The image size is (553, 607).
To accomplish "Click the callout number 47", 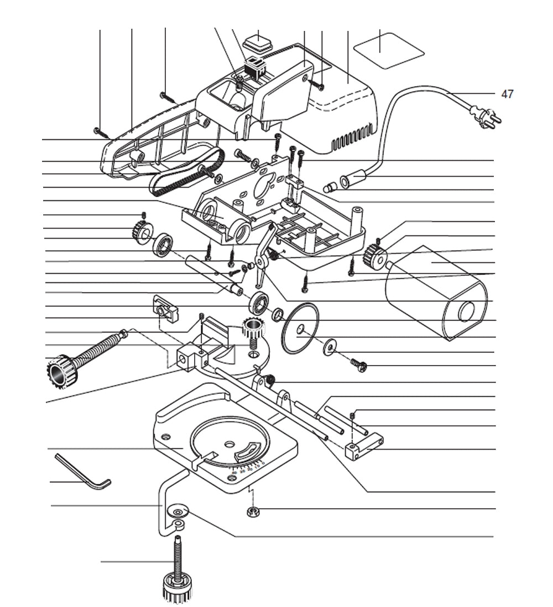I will [x=507, y=94].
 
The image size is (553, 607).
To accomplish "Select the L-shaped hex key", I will [x=83, y=471].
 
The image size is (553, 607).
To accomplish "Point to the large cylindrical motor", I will [x=437, y=293].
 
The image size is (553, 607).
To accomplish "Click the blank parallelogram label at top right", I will [x=388, y=50].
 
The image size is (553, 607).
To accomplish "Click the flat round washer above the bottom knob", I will [x=179, y=509].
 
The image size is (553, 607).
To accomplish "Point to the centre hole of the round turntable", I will [x=229, y=444].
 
